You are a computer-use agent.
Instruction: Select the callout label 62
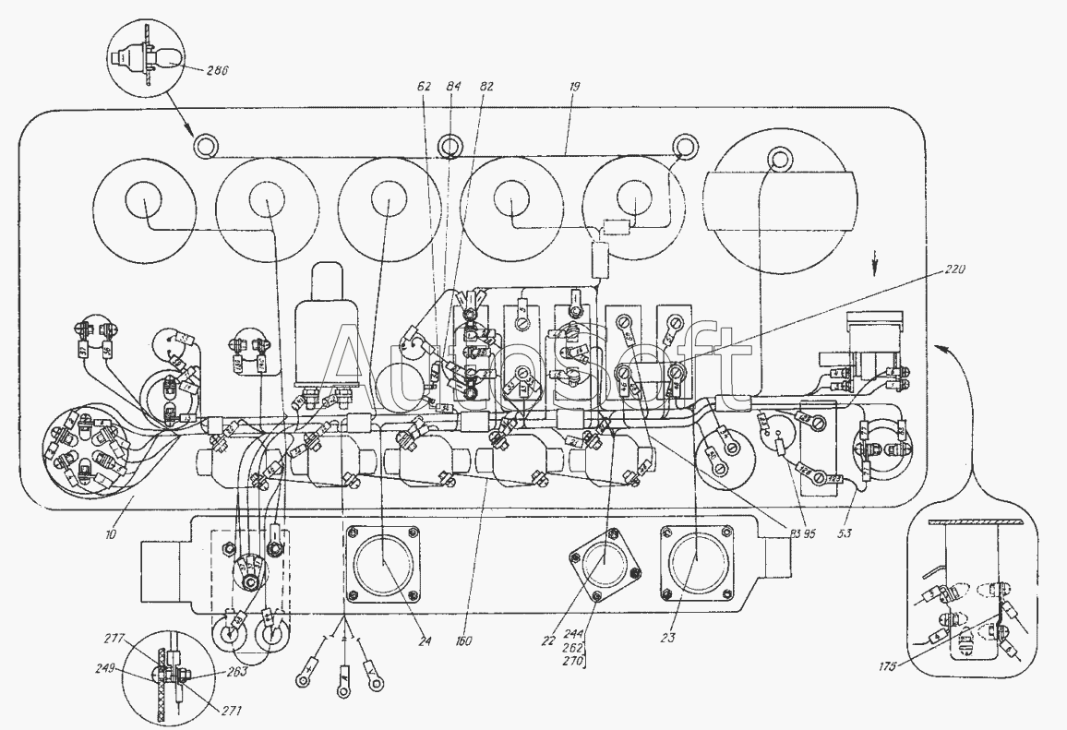click(424, 86)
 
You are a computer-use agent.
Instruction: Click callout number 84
click(454, 86)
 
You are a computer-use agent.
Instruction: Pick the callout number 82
click(486, 86)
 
